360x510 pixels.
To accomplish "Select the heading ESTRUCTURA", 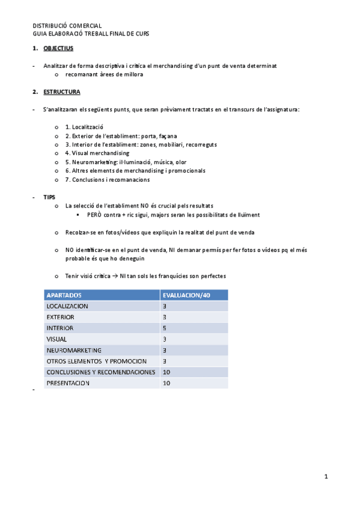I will click(61, 92).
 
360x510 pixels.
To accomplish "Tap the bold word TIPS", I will click(49, 197).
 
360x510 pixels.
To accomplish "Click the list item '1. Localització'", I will click(85, 127).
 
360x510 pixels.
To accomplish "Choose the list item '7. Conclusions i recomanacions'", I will click(108, 179).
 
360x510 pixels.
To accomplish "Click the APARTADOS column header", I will click(64, 295).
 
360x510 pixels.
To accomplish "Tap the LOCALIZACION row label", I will click(67, 306).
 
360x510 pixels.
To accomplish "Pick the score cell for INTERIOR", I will click(164, 328).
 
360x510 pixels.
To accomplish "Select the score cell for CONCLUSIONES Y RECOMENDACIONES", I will click(166, 372).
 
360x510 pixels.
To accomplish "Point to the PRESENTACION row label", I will click(67, 383).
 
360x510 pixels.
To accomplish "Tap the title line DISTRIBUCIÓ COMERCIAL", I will click(67, 26).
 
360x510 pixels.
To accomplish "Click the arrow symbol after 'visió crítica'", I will click(114, 276).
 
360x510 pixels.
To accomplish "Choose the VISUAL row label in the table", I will click(56, 339).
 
